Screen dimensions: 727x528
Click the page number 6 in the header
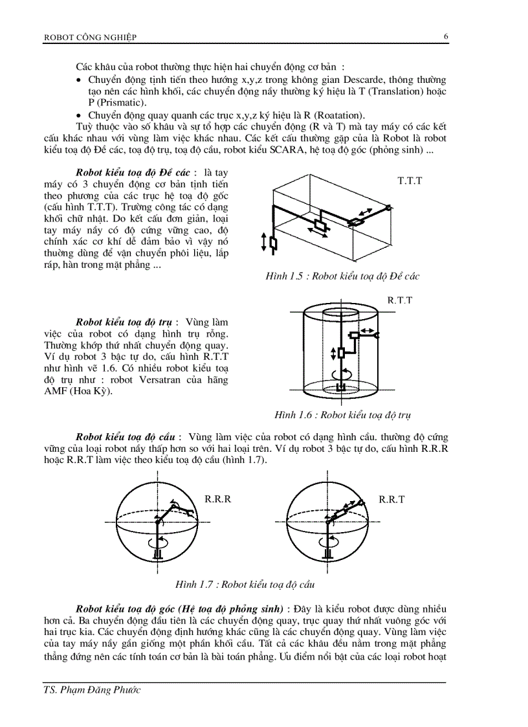pyautogui.click(x=446, y=36)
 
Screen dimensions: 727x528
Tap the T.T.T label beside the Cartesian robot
pyautogui.click(x=410, y=181)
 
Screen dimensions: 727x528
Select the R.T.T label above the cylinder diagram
pyautogui.click(x=400, y=300)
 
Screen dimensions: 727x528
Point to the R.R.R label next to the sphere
pyautogui.click(x=218, y=500)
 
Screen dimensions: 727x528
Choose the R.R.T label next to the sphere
pyautogui.click(x=391, y=500)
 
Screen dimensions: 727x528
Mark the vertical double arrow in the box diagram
pyautogui.click(x=263, y=243)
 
